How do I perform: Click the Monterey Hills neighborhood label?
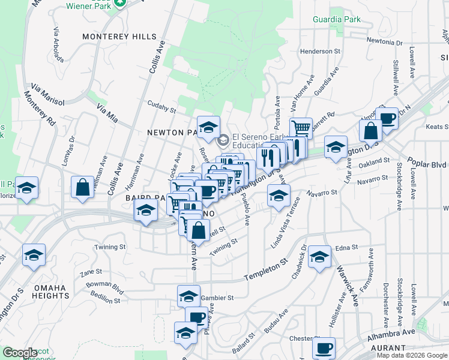(x=119, y=37)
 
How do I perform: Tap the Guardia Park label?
(x=337, y=19)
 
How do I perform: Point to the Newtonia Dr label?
(x=384, y=43)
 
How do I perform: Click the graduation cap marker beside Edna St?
(x=320, y=256)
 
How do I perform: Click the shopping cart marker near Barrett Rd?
(x=301, y=127)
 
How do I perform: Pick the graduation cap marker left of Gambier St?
(x=188, y=296)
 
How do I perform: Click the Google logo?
(x=20, y=353)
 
